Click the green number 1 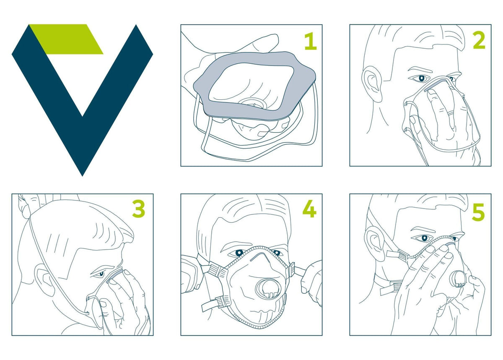pyautogui.click(x=311, y=42)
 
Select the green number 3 pyautogui.click(x=139, y=209)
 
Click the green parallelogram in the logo pyautogui.click(x=66, y=39)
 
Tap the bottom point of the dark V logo pyautogui.click(x=82, y=176)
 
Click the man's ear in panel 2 pyautogui.click(x=372, y=84)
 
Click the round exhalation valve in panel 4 pyautogui.click(x=268, y=289)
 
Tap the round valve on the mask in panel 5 pyautogui.click(x=457, y=279)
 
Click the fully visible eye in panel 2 pyautogui.click(x=422, y=78)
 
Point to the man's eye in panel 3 pyautogui.click(x=100, y=274)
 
